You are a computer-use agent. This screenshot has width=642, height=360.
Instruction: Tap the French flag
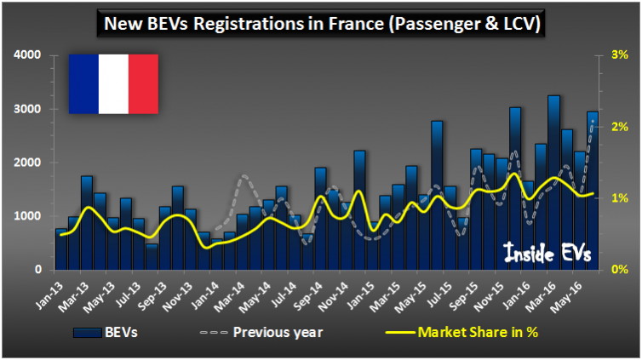tap(113, 83)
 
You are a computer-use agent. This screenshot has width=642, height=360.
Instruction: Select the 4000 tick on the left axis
tap(28, 55)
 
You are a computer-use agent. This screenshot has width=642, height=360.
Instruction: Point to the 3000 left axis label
tap(28, 109)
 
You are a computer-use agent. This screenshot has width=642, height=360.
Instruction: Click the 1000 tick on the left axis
tap(28, 216)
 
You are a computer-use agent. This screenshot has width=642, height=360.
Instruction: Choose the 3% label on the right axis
tap(619, 55)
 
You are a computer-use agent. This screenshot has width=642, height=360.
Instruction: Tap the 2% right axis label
tap(619, 127)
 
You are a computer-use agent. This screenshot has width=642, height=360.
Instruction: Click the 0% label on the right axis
tap(619, 270)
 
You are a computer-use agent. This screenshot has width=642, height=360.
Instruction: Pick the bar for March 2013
tap(87, 223)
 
